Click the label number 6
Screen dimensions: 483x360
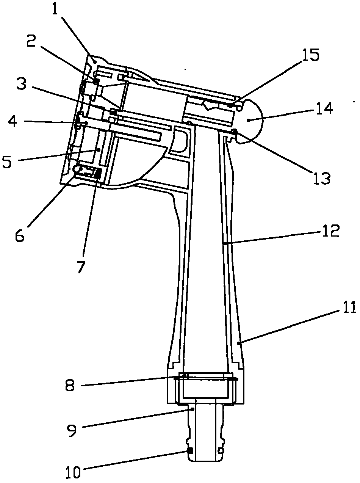coord(20,235)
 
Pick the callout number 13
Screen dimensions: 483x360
coord(321,177)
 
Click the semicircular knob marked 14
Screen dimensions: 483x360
coord(250,121)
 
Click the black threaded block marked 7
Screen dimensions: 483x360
coord(97,174)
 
